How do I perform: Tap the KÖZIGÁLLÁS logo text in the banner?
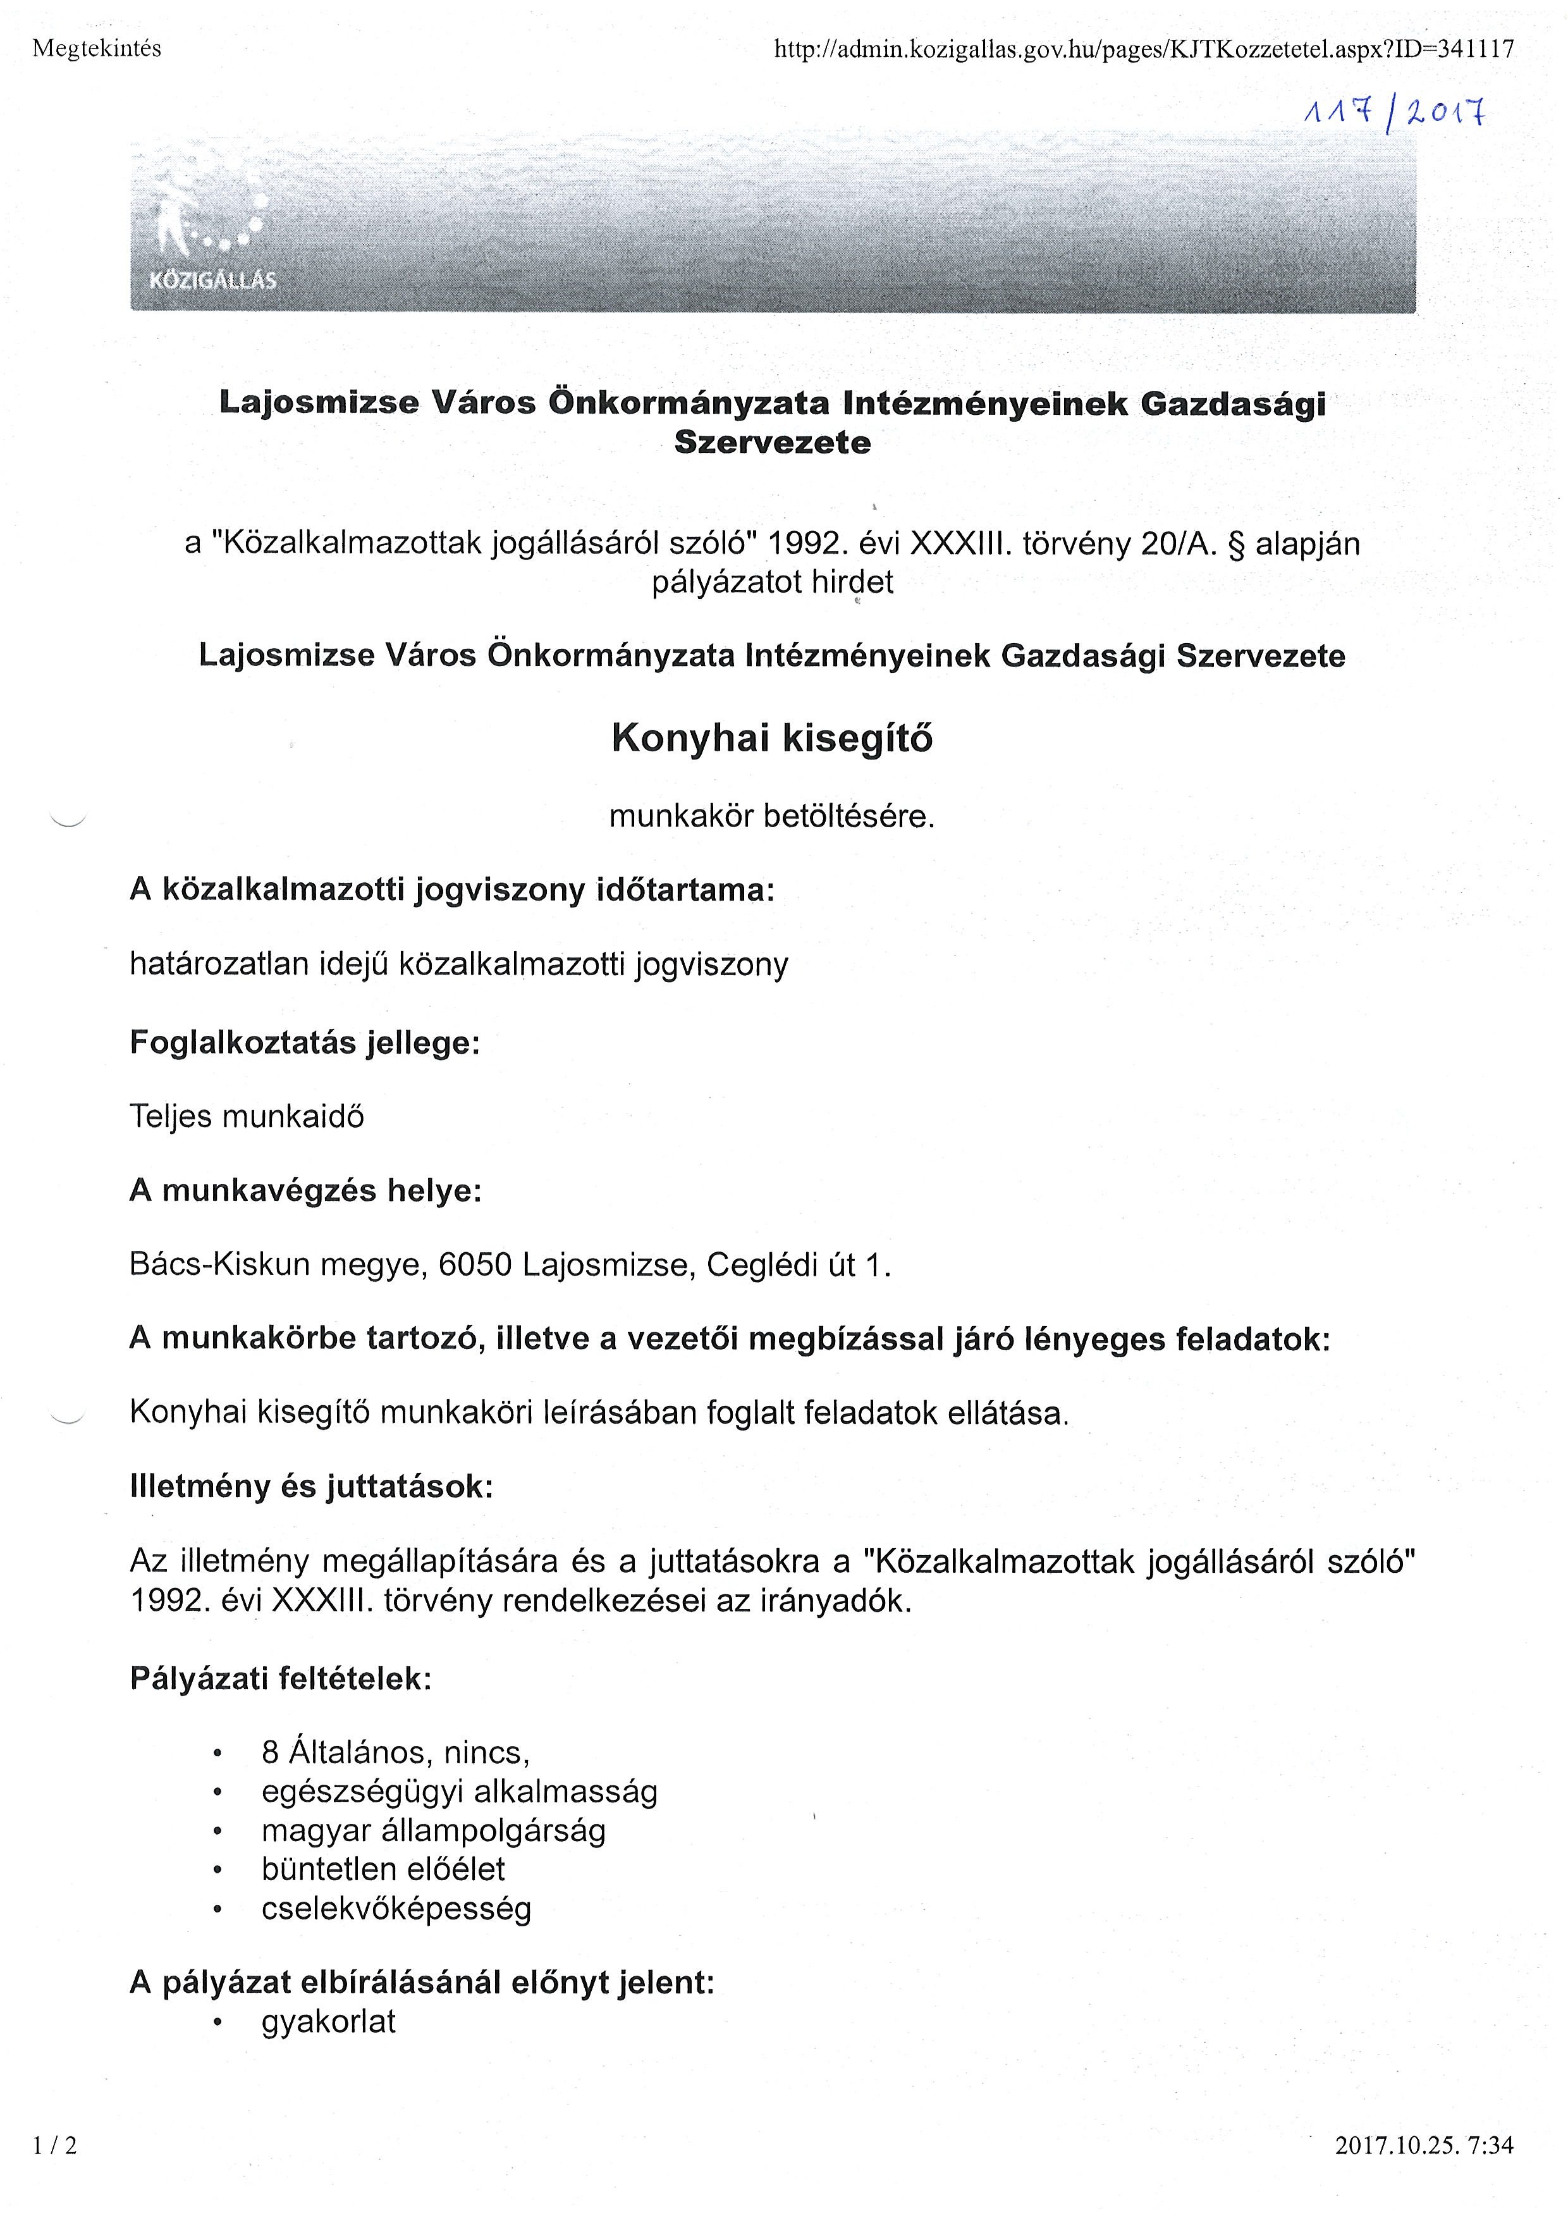click(x=212, y=281)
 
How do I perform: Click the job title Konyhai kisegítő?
click(x=773, y=739)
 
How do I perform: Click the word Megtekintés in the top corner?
click(x=97, y=48)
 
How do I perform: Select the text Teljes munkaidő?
click(x=247, y=1117)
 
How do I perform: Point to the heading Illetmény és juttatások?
click(x=311, y=1486)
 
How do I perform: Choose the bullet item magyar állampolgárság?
click(x=434, y=1831)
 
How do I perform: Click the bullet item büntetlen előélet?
click(x=383, y=1869)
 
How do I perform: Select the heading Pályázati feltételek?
click(x=280, y=1679)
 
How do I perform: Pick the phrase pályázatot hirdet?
click(x=773, y=582)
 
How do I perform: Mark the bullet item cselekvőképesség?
click(x=396, y=1909)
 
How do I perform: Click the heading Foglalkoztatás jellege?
click(x=304, y=1043)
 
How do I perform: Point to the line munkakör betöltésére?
click(x=773, y=817)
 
